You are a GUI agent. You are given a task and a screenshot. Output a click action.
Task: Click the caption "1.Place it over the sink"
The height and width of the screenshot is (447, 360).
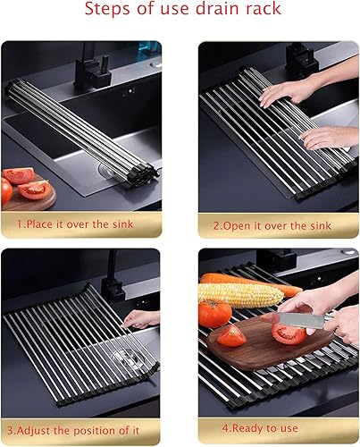point(80,223)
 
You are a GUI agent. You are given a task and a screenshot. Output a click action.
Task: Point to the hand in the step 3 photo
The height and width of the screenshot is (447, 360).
point(143,318)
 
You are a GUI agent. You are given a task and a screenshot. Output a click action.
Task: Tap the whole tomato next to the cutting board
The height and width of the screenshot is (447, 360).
point(214,314)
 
